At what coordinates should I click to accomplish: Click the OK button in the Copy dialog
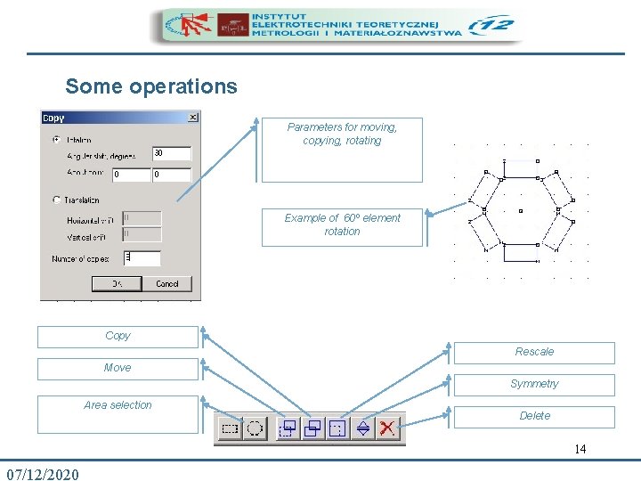click(116, 283)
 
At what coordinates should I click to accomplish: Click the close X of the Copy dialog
click(193, 117)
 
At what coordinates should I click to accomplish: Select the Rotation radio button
click(57, 139)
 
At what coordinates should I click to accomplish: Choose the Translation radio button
click(57, 200)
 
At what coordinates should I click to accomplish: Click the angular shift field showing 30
click(171, 154)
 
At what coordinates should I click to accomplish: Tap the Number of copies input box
click(142, 258)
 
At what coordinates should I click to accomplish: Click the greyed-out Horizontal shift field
click(142, 217)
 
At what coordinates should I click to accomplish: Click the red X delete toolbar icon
click(387, 428)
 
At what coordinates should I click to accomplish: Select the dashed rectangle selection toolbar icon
click(230, 428)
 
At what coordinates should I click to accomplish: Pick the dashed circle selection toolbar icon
click(255, 428)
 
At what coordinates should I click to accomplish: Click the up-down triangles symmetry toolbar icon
click(362, 428)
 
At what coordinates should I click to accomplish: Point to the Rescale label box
click(534, 353)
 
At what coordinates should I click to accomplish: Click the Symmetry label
click(534, 385)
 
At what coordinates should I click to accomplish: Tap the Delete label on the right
click(534, 416)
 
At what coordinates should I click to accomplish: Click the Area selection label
click(118, 406)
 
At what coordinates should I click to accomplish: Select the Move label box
click(118, 368)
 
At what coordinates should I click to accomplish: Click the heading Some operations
click(151, 86)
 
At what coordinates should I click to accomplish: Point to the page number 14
click(580, 449)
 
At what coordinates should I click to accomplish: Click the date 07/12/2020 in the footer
click(42, 473)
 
